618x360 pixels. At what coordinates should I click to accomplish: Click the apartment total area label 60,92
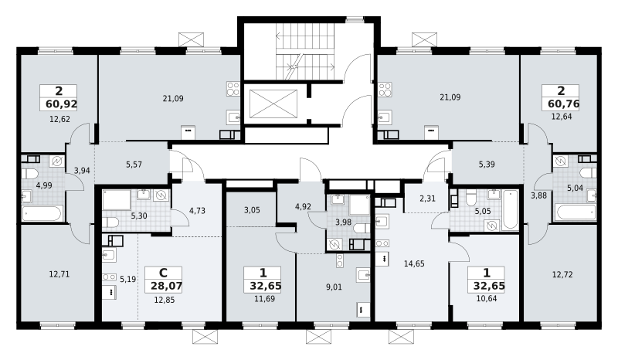click(62, 104)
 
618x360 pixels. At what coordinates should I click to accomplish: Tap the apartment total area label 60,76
click(564, 104)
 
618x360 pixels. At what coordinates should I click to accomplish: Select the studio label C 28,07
click(164, 279)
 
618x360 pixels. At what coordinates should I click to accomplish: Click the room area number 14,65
click(414, 263)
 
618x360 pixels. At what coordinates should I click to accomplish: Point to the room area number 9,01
click(334, 287)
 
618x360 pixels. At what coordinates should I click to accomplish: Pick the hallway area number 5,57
click(134, 165)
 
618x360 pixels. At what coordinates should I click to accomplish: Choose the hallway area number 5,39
click(487, 164)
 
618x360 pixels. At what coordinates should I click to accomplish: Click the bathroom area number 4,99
click(44, 185)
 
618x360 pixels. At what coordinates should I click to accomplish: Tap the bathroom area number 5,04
click(575, 188)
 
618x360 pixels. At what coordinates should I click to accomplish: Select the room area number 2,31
click(428, 199)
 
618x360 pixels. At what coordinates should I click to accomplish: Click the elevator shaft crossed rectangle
click(273, 104)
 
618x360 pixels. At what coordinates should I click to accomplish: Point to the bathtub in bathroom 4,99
click(42, 213)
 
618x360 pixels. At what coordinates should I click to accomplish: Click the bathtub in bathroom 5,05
click(510, 209)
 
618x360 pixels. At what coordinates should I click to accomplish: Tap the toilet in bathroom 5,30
click(110, 222)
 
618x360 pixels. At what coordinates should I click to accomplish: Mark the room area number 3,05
click(252, 210)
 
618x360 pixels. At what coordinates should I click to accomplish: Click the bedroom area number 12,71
click(59, 273)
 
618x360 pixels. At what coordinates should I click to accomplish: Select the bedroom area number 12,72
click(562, 274)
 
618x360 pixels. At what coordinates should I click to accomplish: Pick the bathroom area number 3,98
click(343, 222)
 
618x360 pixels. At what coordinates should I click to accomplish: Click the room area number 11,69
click(264, 299)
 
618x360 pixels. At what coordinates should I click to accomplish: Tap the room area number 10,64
click(487, 298)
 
